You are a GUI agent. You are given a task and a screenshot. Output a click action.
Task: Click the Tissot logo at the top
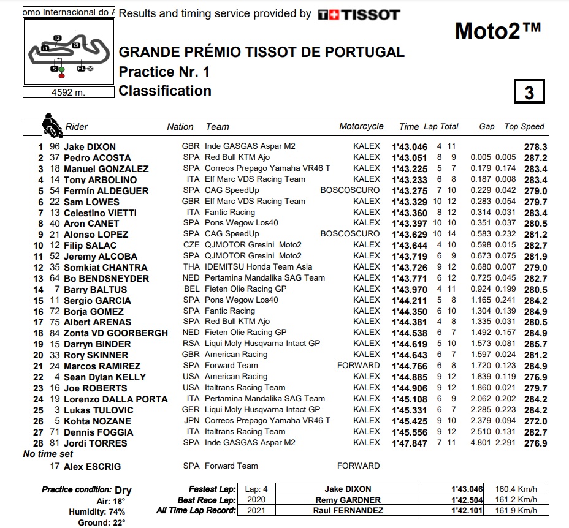(359, 14)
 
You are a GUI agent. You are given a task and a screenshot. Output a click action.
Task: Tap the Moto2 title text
(498, 30)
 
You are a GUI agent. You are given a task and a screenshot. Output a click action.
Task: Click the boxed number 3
(529, 92)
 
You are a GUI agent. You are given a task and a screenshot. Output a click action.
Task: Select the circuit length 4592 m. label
(69, 92)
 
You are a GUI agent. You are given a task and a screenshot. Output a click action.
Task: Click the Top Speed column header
(524, 126)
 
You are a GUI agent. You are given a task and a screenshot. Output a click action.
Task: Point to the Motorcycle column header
(361, 126)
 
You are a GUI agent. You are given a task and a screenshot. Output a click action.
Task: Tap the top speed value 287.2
(535, 158)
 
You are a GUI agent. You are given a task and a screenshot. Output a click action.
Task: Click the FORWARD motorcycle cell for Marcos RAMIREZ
(359, 366)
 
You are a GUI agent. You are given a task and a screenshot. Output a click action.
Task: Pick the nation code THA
(191, 267)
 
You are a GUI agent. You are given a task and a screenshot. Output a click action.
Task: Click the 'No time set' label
(48, 454)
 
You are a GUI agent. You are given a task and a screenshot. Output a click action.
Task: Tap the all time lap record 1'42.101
(467, 510)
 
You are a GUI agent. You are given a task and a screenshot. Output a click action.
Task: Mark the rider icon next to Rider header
(52, 125)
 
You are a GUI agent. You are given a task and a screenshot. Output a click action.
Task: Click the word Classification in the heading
(165, 91)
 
